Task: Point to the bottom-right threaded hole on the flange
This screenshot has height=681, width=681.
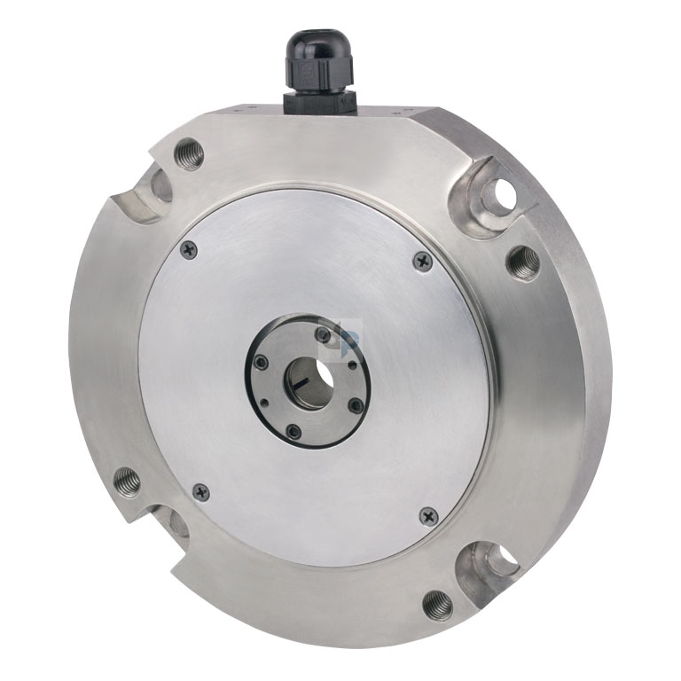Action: click(x=437, y=605)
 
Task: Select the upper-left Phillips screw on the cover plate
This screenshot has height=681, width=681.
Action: click(x=188, y=250)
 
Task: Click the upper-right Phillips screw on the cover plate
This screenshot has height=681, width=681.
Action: click(x=423, y=261)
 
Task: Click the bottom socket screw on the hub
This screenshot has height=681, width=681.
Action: click(x=295, y=432)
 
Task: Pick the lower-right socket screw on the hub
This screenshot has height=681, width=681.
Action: click(x=356, y=406)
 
